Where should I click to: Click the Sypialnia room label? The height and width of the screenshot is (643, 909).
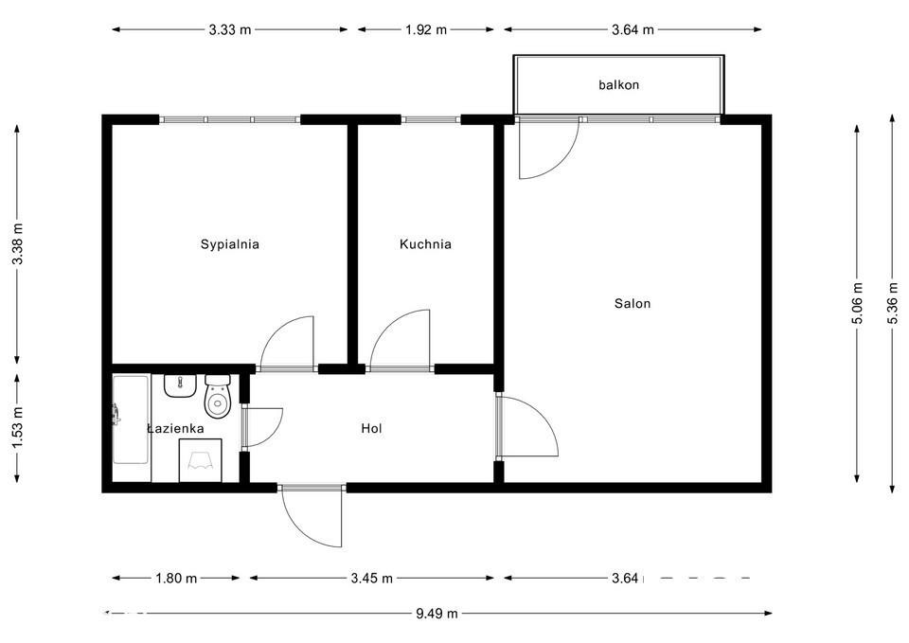tap(229, 244)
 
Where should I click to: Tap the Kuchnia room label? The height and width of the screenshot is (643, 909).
tap(425, 244)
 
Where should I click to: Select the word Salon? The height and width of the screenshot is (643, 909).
tap(633, 303)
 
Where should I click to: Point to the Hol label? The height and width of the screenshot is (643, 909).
tap(371, 428)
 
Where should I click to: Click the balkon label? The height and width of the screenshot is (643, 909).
tap(619, 84)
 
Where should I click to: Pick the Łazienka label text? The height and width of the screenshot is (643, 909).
tap(175, 428)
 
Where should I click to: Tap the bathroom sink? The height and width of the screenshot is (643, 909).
tap(180, 385)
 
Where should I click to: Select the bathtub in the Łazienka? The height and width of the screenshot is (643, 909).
tap(131, 420)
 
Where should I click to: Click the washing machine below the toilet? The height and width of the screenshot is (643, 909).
tap(201, 460)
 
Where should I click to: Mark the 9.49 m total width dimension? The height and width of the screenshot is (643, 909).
tap(437, 613)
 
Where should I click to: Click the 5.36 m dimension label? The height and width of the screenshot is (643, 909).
tap(893, 302)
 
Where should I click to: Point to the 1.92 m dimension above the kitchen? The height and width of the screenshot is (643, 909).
tap(425, 29)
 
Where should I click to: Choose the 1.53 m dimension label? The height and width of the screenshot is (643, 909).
tap(18, 426)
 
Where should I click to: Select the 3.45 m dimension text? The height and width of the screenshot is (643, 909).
tap(371, 578)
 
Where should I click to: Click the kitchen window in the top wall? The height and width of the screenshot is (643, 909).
tap(431, 120)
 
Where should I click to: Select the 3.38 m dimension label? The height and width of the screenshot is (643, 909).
tap(18, 244)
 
